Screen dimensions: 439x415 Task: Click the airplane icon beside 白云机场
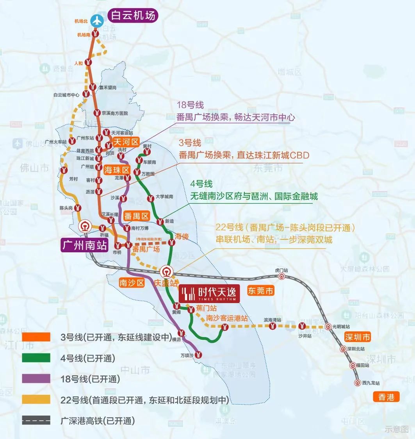[96, 20]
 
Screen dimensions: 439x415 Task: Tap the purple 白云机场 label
[133, 15]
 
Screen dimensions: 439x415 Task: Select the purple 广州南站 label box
[84, 245]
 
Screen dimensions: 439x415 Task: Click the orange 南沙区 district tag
[132, 283]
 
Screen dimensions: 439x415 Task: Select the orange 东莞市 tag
[261, 291]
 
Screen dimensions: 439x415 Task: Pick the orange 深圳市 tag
[357, 337]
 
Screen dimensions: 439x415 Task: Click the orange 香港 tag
[387, 397]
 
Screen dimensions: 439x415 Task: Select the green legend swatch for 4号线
[36, 358]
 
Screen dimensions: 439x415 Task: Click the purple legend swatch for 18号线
[36, 378]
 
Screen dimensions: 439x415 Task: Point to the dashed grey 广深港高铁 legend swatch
[36, 421]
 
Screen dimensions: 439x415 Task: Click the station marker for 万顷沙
[199, 355]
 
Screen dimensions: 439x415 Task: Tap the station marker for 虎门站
[281, 277]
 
